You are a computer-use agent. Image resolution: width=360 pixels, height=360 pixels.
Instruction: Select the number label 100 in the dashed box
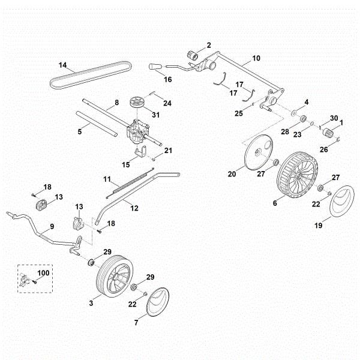tap(43, 273)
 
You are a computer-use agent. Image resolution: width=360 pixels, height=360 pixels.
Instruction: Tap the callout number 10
tap(256, 58)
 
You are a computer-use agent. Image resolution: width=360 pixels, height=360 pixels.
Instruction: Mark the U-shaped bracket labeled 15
tap(140, 153)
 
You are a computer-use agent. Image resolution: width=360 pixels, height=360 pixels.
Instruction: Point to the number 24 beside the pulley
tap(167, 103)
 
